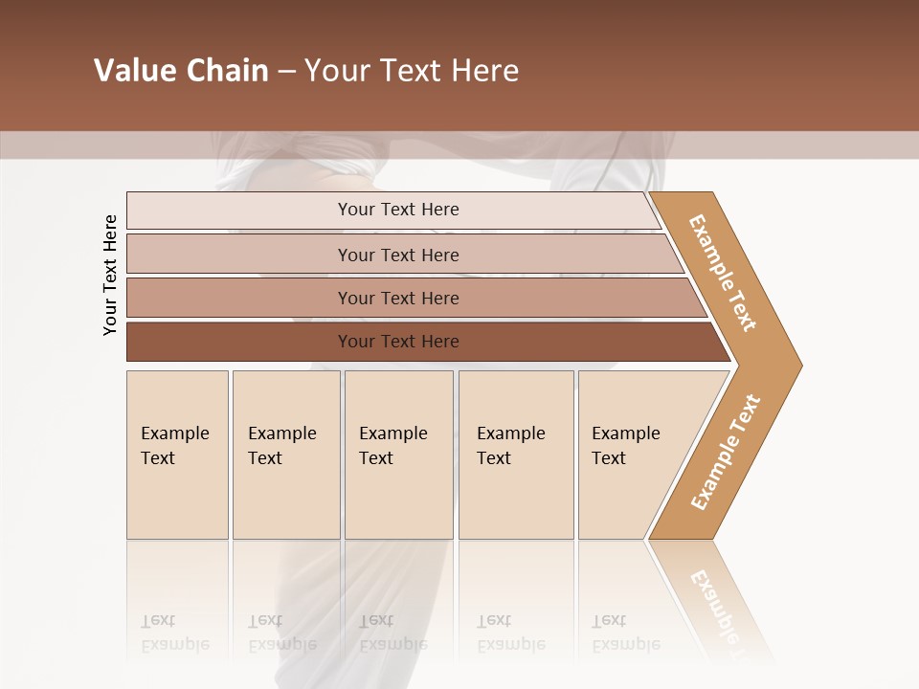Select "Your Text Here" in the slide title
point(412,71)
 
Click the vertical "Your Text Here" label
point(110,276)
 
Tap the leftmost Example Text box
point(177,455)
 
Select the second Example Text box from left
point(286,455)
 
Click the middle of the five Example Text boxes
point(398,455)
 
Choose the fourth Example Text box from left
point(516,455)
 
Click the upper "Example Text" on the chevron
point(723,273)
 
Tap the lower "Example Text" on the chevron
point(726,453)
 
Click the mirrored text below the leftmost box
point(174,633)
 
